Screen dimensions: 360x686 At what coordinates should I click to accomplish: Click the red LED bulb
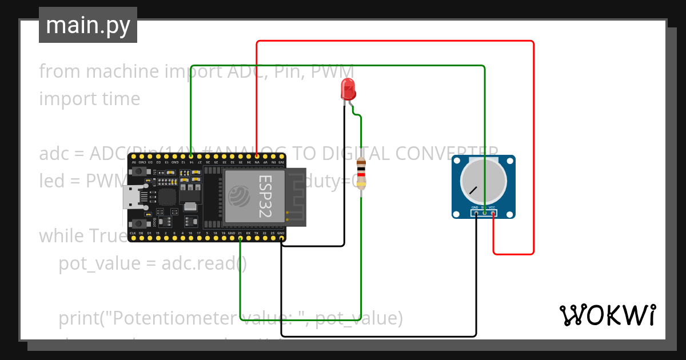347,89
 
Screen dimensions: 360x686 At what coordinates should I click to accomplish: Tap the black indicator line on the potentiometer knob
473,190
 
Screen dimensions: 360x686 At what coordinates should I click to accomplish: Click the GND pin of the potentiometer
476,213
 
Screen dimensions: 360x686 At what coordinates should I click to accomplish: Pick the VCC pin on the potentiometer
493,213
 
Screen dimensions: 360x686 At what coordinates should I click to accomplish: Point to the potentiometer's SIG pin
484,213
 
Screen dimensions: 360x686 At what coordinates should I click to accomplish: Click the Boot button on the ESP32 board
138,223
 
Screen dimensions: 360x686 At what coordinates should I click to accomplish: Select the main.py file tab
88,25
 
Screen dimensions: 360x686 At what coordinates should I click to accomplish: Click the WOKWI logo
607,315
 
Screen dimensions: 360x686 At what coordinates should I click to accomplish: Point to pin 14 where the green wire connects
191,155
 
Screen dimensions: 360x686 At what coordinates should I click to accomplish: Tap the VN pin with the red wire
257,155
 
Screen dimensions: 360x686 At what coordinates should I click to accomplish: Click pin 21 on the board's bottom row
240,238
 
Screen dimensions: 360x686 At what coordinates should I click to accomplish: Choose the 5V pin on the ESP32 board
133,155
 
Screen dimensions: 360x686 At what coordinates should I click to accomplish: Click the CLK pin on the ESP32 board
133,238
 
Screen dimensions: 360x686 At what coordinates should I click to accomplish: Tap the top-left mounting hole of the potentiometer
457,161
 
